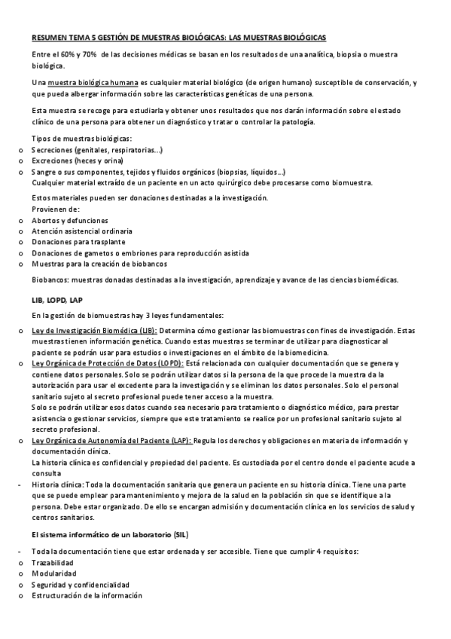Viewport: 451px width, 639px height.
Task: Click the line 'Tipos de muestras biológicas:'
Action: pyautogui.click(x=82, y=139)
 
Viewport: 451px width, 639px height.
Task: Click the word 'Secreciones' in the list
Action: pyautogui.click(x=53, y=150)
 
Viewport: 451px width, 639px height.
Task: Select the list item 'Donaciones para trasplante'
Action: pyautogui.click(x=79, y=242)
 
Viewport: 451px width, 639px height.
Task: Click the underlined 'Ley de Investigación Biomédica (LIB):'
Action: pyautogui.click(x=94, y=331)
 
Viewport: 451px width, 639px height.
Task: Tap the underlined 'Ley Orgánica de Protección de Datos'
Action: pyautogui.click(x=105, y=363)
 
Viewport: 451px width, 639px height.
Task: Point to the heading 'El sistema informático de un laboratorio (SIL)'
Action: pyautogui.click(x=110, y=534)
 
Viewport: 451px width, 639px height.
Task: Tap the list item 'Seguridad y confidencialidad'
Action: pyautogui.click(x=81, y=585)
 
